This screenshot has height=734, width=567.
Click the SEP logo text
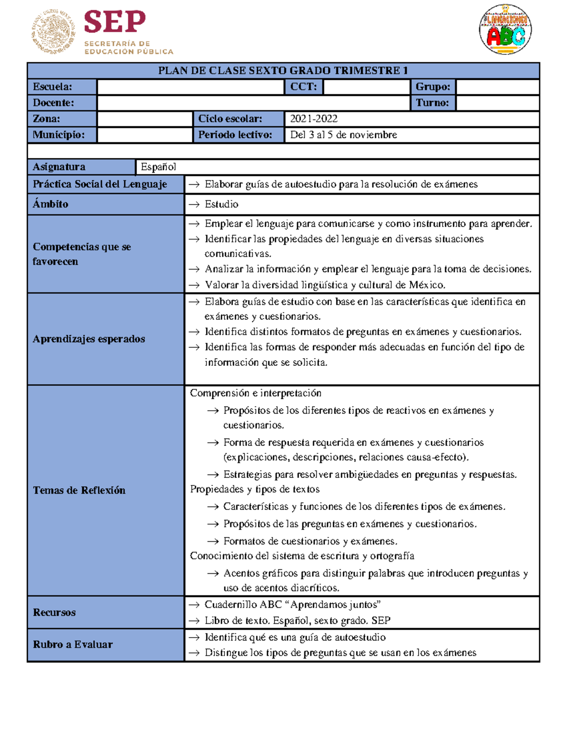[115, 22]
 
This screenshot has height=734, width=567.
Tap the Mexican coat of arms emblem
[53, 32]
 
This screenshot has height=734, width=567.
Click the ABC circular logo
[505, 30]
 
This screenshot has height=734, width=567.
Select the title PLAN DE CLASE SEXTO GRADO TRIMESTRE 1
[283, 71]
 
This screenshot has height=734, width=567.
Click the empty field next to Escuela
[190, 87]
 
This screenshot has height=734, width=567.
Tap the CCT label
[303, 87]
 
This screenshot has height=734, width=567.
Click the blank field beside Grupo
[497, 87]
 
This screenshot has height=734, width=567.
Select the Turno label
[432, 103]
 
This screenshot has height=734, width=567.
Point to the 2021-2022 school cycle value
[314, 119]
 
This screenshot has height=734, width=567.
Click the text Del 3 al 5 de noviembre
[344, 135]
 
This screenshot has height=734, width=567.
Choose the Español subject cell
[158, 167]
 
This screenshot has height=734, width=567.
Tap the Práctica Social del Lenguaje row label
[100, 184]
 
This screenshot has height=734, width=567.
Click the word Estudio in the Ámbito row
[221, 204]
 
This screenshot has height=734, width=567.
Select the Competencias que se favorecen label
[82, 254]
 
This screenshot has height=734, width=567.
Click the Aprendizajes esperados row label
[89, 339]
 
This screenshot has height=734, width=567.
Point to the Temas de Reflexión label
[79, 491]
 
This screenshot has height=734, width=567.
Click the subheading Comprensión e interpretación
[255, 393]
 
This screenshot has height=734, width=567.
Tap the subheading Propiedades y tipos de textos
[255, 489]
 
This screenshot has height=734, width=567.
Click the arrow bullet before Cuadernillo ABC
[194, 605]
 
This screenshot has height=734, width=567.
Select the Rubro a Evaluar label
[73, 645]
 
